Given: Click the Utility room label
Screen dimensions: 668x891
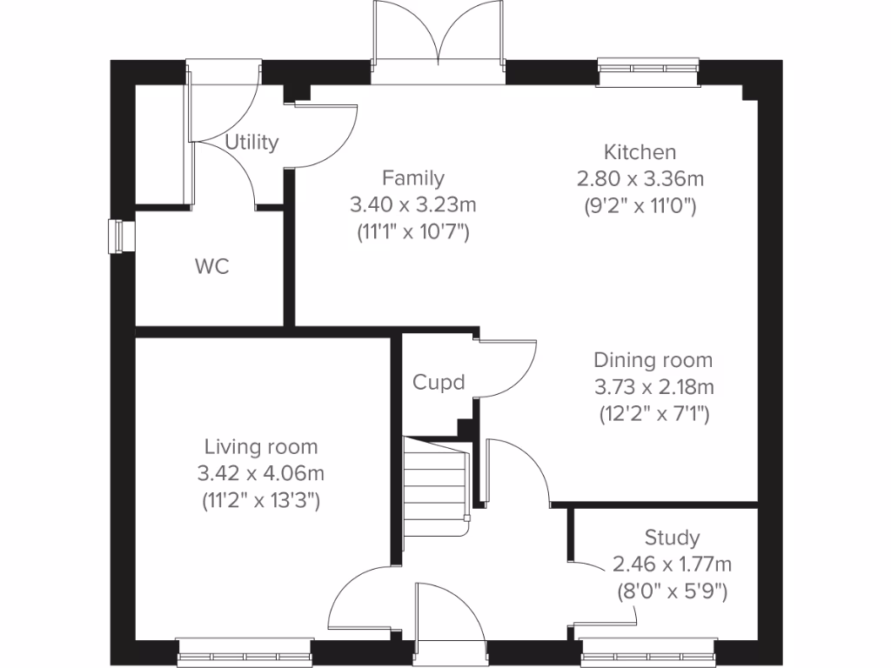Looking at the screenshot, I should (251, 142).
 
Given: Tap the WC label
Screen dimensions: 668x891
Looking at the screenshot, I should (211, 267).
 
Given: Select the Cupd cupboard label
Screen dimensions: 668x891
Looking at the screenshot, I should (439, 382).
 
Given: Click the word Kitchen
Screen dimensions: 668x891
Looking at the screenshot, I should (640, 152).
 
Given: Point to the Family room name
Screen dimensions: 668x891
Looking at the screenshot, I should (413, 178).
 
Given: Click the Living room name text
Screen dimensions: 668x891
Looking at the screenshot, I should (261, 447).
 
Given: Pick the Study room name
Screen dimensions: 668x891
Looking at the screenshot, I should (672, 537).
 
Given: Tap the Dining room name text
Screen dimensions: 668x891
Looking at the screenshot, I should (653, 359).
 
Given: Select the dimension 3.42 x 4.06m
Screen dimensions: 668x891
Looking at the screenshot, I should (261, 474).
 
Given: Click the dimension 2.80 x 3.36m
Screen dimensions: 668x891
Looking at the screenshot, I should (640, 179).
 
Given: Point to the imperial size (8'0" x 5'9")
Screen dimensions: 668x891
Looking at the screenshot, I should (671, 592).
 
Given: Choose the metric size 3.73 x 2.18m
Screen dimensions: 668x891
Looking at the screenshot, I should (653, 386).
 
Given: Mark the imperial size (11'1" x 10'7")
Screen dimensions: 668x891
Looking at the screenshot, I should (413, 232).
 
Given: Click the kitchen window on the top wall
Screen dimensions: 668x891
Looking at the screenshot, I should (648, 73).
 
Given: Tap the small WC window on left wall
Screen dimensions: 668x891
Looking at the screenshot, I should (118, 237).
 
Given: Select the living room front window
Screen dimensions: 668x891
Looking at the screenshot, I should (244, 652).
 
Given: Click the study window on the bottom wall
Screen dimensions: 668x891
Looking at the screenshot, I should (648, 652).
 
